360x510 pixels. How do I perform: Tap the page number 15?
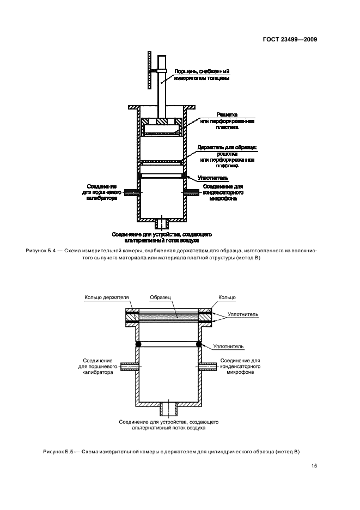point(314,465)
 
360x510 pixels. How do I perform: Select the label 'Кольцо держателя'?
point(106,298)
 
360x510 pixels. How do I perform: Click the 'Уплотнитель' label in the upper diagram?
point(213,178)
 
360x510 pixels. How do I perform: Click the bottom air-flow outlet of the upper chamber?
point(162,223)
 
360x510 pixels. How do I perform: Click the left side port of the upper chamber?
point(131,192)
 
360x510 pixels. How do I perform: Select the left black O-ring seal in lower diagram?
point(138,344)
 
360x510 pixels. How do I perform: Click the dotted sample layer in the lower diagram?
point(168,317)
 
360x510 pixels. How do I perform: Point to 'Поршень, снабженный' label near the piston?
point(202,71)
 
